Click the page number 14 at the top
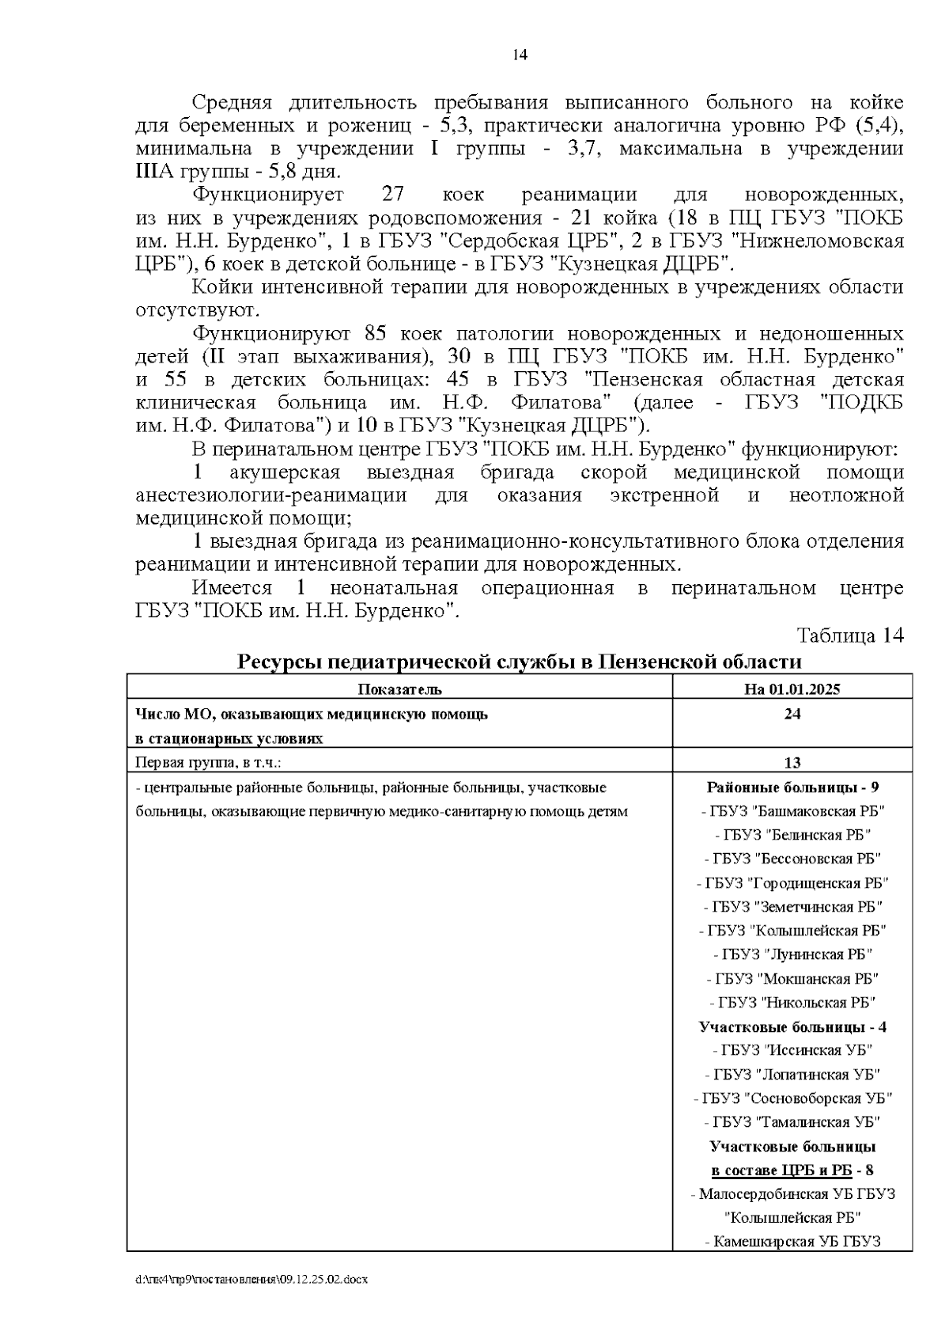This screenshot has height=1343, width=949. (520, 55)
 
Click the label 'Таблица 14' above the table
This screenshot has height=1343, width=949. (849, 635)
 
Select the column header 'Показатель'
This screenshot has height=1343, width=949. (399, 689)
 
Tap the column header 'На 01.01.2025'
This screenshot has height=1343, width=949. (792, 689)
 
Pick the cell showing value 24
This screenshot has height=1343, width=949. (792, 714)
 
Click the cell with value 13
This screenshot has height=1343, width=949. (792, 762)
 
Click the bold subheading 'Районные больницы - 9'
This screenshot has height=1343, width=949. (792, 787)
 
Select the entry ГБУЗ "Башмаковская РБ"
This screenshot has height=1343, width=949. (792, 811)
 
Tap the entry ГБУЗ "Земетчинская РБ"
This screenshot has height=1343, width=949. (792, 907)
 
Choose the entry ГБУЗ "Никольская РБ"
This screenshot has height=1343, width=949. (792, 1003)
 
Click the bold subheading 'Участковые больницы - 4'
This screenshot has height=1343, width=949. (792, 1027)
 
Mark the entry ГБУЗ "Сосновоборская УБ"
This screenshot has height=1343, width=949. (792, 1098)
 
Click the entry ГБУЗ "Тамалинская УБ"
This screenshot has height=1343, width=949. (792, 1122)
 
